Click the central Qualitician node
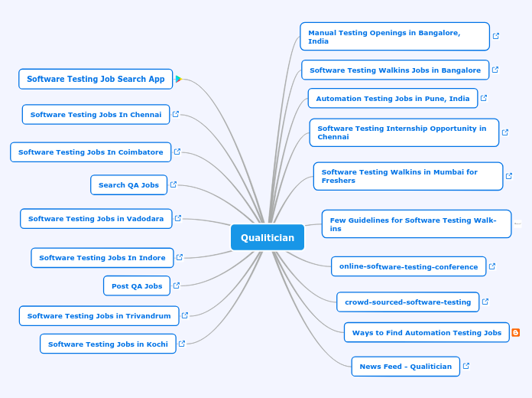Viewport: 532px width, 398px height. [x=268, y=237]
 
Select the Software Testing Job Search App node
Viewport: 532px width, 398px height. [x=96, y=79]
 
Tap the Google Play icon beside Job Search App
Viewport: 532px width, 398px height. [x=178, y=79]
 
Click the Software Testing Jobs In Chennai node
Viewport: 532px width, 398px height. [x=96, y=115]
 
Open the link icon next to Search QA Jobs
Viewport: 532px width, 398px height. [x=174, y=184]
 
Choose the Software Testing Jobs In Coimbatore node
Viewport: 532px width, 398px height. [x=90, y=152]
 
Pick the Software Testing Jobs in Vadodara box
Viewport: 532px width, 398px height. [x=96, y=219]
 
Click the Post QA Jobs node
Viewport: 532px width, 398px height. [x=137, y=286]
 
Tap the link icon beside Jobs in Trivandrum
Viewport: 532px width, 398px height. [x=184, y=315]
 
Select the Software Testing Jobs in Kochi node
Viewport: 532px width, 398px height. [x=108, y=344]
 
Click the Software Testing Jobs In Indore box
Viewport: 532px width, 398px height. [x=102, y=258]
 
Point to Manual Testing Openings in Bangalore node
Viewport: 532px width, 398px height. [x=394, y=37]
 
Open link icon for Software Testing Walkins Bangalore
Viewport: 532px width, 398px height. [x=495, y=70]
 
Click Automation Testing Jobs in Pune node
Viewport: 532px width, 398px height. [x=393, y=99]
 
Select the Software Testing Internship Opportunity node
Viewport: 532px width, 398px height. [x=404, y=132]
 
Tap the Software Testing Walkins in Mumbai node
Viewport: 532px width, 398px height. [x=408, y=176]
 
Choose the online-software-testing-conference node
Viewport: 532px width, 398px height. [x=408, y=267]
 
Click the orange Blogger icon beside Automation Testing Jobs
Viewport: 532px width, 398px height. [x=516, y=333]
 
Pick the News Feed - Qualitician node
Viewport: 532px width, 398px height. [x=405, y=367]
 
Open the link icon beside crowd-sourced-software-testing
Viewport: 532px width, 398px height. [x=485, y=302]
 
